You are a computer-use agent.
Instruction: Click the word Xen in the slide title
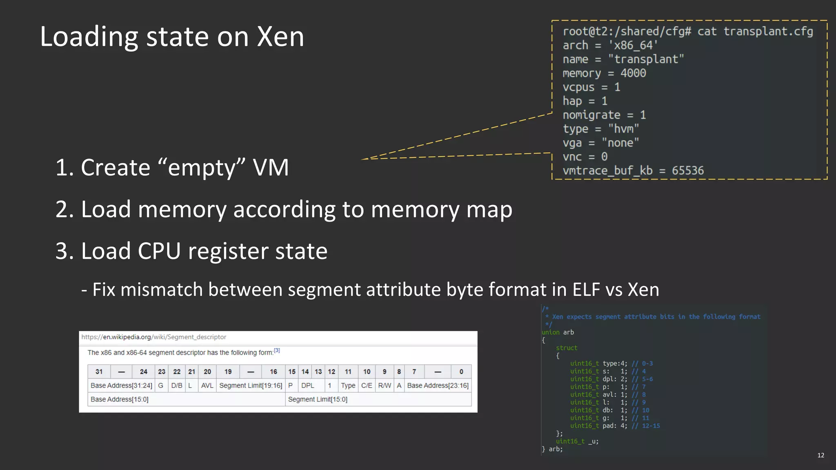(280, 37)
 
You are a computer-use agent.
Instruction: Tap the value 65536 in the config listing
(688, 171)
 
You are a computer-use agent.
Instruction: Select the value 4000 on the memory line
(633, 73)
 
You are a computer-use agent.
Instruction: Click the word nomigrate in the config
(591, 115)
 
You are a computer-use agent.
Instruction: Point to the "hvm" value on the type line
(623, 129)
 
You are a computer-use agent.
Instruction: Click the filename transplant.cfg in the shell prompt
(768, 31)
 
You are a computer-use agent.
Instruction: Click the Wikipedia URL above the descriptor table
(153, 337)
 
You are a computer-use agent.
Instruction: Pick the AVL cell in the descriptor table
(207, 386)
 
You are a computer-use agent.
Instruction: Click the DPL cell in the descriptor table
(307, 386)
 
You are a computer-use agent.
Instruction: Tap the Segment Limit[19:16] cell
(251, 386)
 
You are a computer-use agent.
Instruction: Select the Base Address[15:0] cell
(120, 399)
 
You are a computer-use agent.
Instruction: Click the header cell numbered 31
(99, 372)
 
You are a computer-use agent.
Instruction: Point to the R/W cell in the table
(385, 386)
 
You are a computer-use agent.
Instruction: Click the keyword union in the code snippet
(551, 332)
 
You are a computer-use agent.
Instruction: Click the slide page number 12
(820, 455)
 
